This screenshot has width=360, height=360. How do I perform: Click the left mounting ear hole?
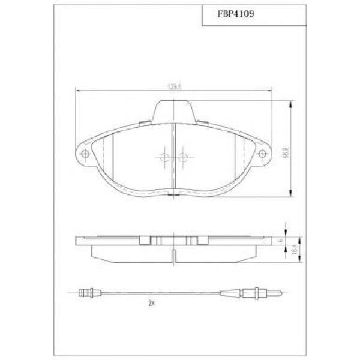85,154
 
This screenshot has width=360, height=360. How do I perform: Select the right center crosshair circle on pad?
183,158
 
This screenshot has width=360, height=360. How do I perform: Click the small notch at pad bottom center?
173,194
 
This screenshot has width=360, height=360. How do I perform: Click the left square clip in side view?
144,241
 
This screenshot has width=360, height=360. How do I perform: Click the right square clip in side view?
202,241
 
